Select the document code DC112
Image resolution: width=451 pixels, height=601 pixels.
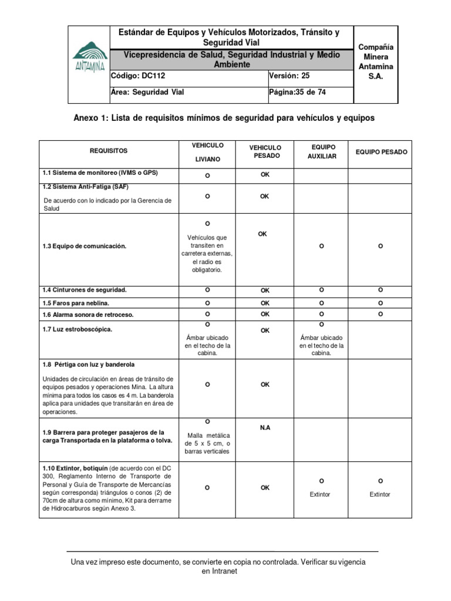tap(134, 76)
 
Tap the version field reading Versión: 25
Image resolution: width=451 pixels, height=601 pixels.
tap(288, 76)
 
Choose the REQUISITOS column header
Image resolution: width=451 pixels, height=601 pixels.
tap(109, 151)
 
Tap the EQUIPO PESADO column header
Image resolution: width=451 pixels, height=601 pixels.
tap(381, 152)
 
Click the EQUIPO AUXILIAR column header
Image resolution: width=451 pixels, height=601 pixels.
tap(324, 151)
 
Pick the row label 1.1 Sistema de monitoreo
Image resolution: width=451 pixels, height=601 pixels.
tap(100, 173)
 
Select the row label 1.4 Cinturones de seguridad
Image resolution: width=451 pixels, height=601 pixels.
tap(84, 290)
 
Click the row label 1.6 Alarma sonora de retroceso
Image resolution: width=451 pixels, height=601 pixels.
tap(87, 315)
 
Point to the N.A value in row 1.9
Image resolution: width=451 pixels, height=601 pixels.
tap(265, 428)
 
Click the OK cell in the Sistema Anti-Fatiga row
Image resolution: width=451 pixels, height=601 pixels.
tap(265, 197)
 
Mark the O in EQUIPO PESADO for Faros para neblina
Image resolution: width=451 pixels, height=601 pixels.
tap(381, 303)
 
